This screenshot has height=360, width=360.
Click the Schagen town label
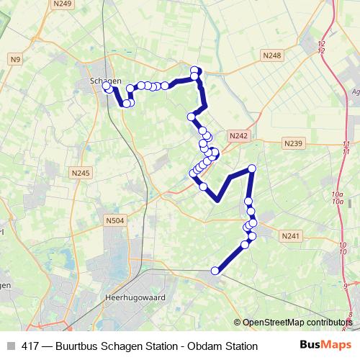pos(105,81)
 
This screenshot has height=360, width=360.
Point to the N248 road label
pos(272,55)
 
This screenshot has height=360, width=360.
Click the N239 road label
pos(293,143)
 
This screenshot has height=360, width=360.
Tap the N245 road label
pos(81,173)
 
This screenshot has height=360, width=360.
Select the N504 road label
pos(114,221)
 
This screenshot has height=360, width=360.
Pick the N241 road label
pos(291,235)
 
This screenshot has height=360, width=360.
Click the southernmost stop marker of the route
pos(214,271)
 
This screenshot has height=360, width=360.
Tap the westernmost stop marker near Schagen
pos(107,86)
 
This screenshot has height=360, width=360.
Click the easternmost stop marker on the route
pos(252,168)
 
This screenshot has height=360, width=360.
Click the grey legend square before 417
pos(11,346)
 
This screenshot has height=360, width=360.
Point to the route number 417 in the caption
pos(31,346)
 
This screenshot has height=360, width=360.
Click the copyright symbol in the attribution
pos(238,322)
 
